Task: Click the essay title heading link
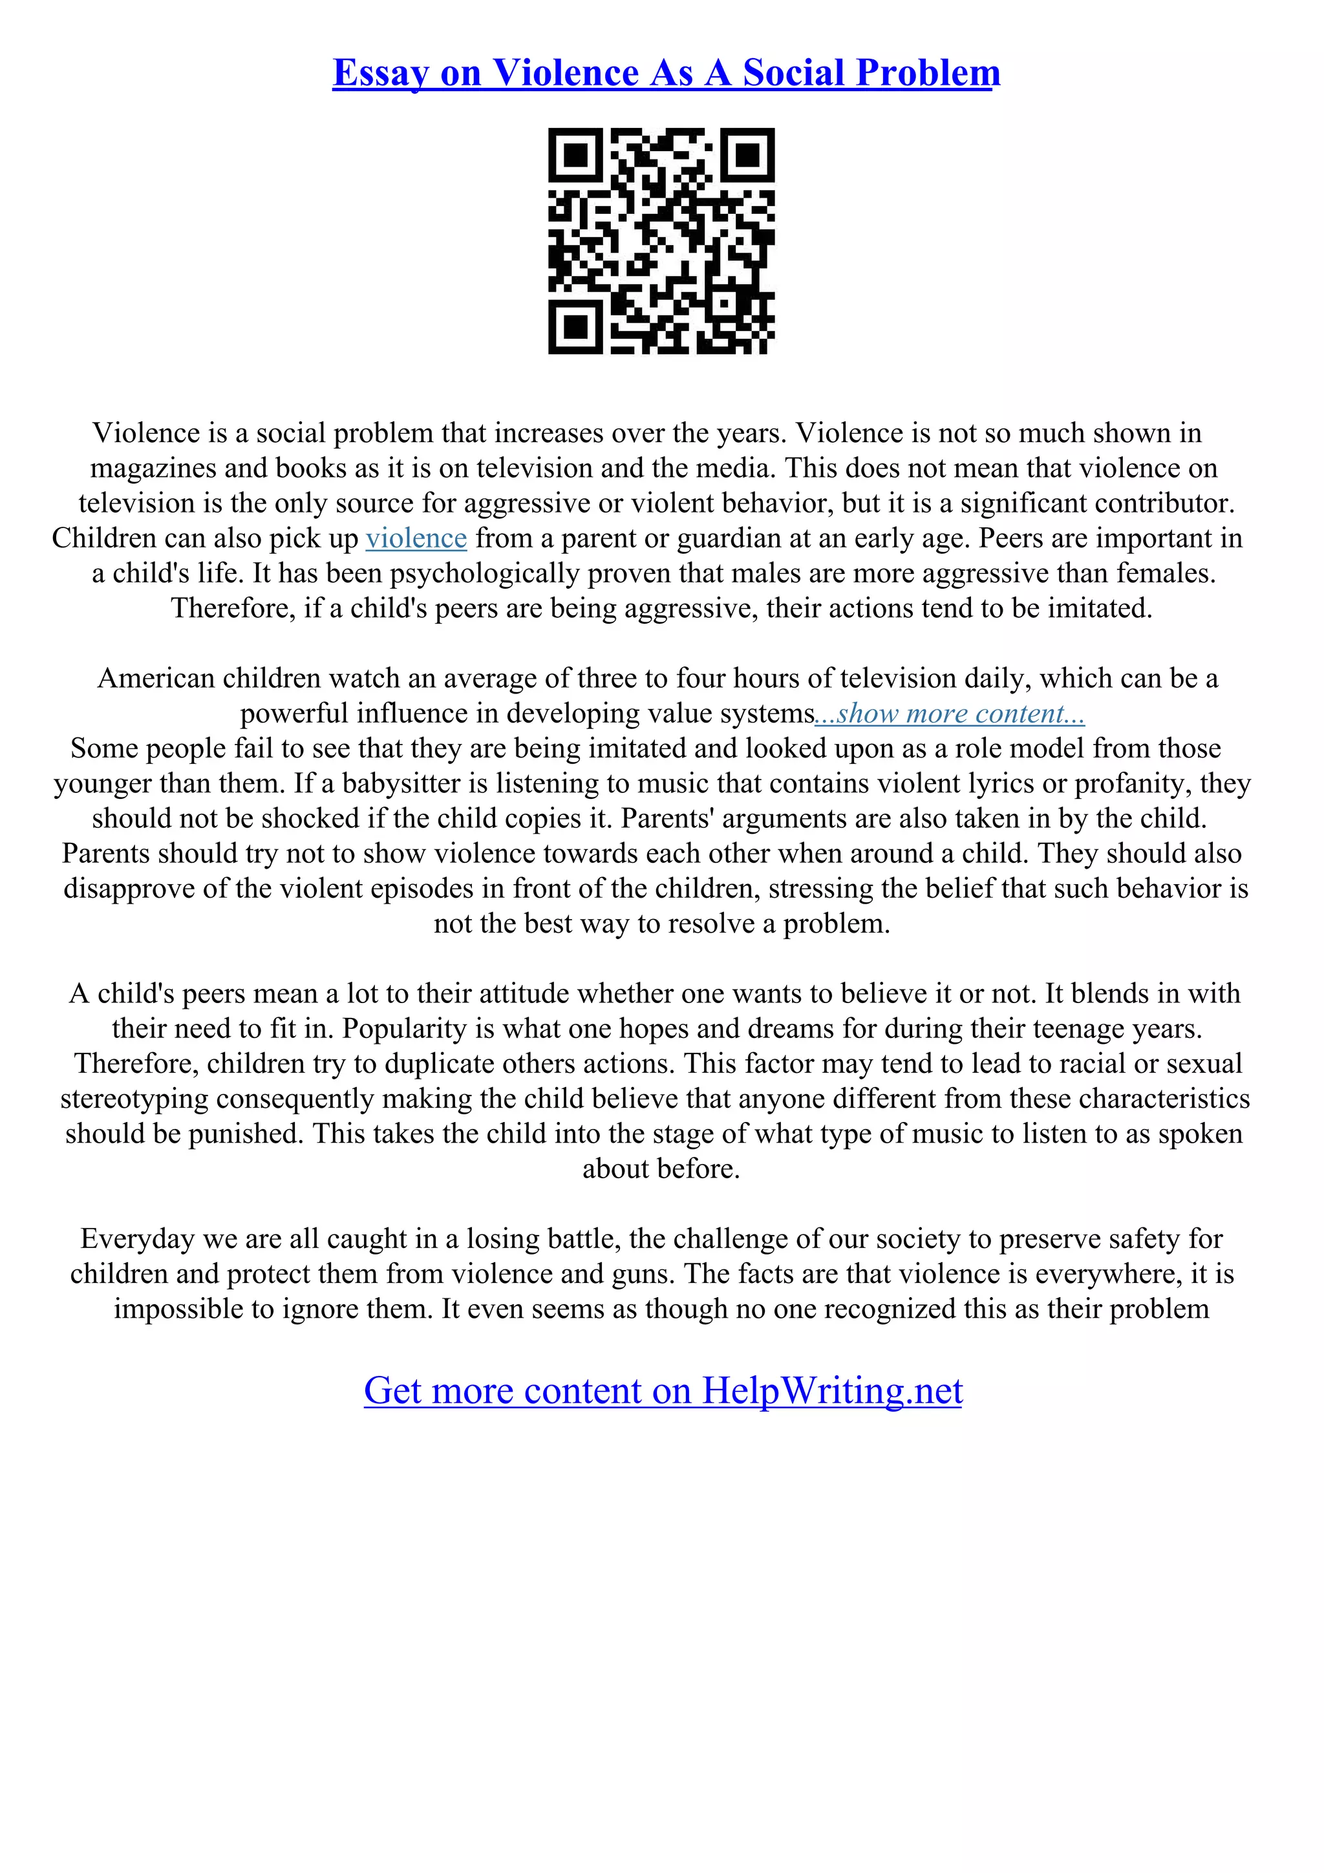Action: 666,74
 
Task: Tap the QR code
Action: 661,242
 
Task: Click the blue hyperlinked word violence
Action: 416,538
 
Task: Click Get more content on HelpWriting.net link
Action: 663,1391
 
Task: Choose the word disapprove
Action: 130,889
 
